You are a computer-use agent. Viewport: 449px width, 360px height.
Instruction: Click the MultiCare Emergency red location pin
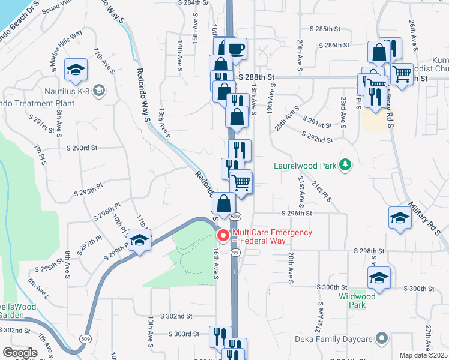(224, 236)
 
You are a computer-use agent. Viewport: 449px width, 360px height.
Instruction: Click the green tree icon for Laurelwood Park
(345, 164)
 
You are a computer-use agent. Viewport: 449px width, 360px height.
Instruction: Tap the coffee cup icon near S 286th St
(237, 49)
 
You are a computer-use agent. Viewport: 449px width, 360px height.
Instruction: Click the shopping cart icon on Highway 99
(241, 182)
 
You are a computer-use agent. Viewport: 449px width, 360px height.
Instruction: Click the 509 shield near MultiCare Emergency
(235, 216)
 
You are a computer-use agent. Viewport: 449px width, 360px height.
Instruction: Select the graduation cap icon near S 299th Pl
(140, 241)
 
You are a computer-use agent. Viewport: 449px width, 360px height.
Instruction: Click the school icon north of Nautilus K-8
(76, 70)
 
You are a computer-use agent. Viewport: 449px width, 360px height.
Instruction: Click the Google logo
(19, 353)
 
